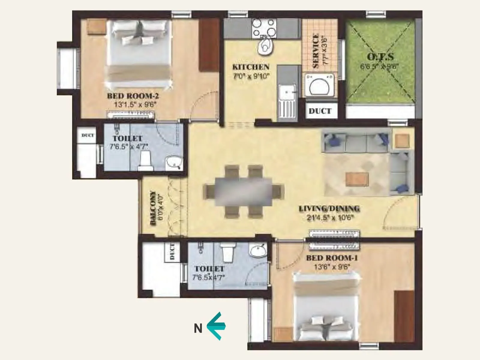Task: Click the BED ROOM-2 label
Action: (x=133, y=96)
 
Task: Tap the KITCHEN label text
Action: (x=251, y=67)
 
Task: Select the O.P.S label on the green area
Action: (x=380, y=57)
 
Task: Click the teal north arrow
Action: (x=216, y=326)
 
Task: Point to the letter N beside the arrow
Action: (x=198, y=328)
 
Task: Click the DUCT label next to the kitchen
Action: (x=320, y=111)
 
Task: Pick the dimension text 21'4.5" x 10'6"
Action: (x=329, y=217)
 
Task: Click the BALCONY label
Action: (x=153, y=208)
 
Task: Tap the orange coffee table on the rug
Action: (x=357, y=179)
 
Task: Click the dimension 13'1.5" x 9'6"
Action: (x=135, y=105)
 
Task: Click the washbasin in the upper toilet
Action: (x=174, y=163)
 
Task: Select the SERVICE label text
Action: (x=316, y=51)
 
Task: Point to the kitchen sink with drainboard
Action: (x=286, y=102)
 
